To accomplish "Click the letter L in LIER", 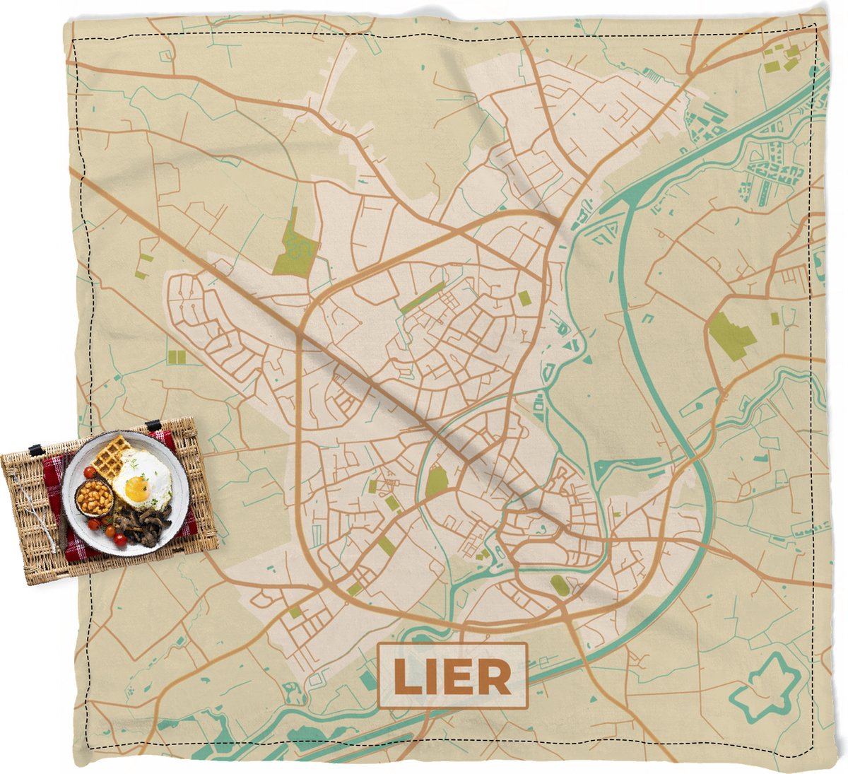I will tap(404, 676).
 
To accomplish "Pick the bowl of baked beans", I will tap(95, 499).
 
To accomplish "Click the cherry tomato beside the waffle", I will tap(89, 471).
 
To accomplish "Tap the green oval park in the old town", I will tap(437, 482).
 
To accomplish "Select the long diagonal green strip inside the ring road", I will tap(423, 298).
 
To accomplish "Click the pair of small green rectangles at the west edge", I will tap(175, 357).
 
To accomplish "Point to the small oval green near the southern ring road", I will tap(559, 585).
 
